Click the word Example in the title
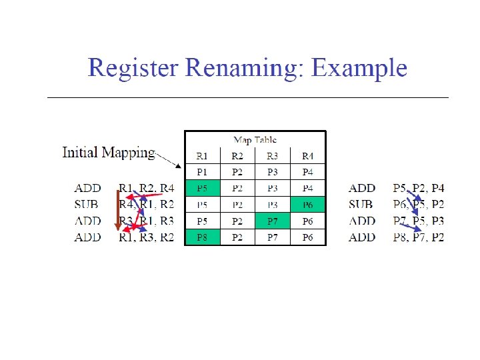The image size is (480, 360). [359, 68]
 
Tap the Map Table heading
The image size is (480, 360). [255, 140]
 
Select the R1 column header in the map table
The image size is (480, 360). [202, 157]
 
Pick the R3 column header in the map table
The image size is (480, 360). [273, 157]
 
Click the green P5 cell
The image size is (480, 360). [202, 189]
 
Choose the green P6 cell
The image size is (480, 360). [308, 205]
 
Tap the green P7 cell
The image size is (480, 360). [273, 221]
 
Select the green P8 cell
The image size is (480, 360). [202, 237]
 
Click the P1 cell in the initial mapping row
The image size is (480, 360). [202, 173]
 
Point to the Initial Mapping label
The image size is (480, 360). [108, 153]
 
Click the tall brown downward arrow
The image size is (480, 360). [118, 210]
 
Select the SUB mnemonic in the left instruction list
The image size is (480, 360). [88, 205]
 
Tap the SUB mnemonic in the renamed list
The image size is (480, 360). [361, 205]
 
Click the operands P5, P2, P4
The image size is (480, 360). [419, 189]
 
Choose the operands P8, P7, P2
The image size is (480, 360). [419, 237]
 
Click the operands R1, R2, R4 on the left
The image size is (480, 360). [146, 189]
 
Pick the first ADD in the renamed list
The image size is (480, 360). [362, 189]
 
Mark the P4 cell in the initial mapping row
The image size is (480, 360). [308, 173]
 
